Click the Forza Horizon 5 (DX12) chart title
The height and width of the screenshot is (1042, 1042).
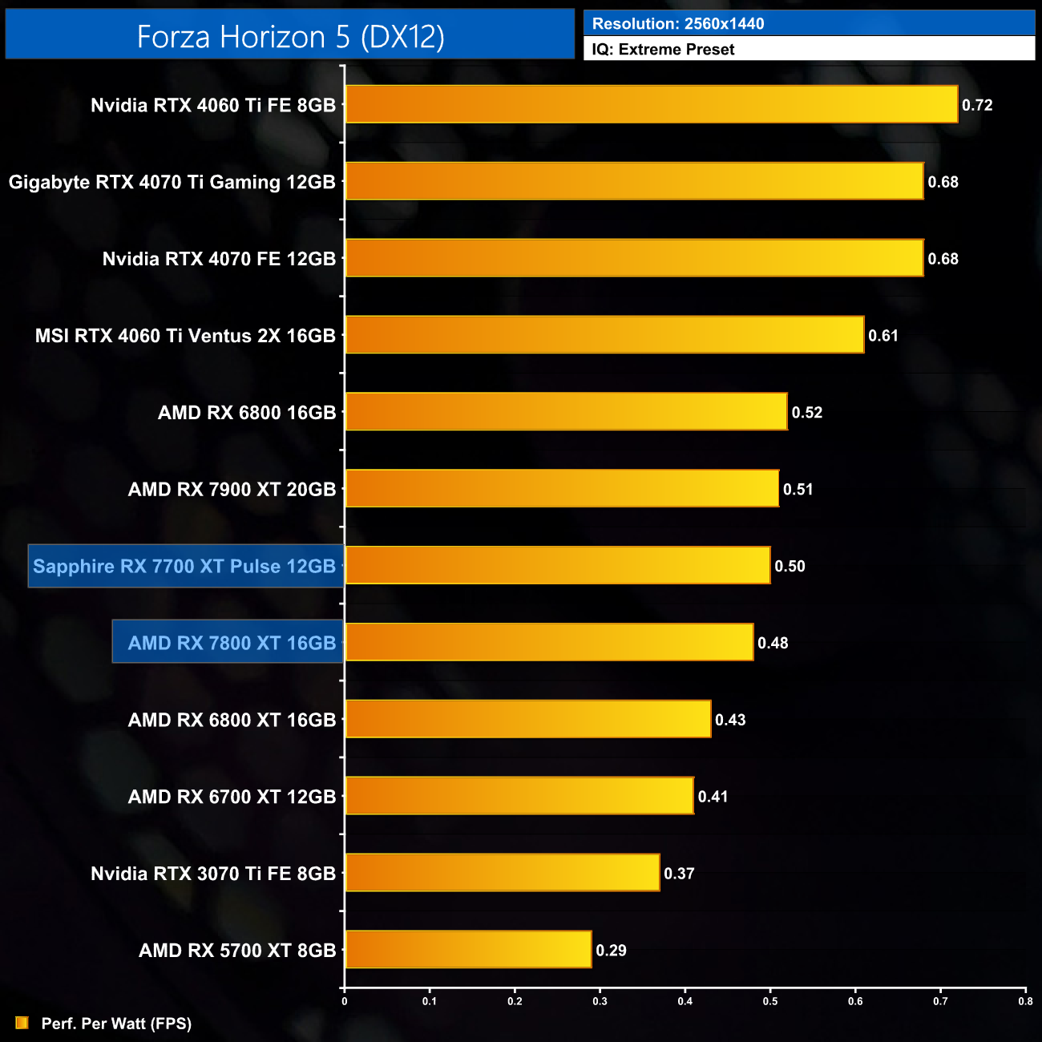pyautogui.click(x=290, y=36)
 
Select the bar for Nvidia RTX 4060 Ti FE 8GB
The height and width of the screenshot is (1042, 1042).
pyautogui.click(x=651, y=104)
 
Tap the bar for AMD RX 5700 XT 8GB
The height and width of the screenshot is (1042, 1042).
pyautogui.click(x=468, y=949)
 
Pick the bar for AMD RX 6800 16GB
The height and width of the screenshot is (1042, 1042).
pyautogui.click(x=566, y=411)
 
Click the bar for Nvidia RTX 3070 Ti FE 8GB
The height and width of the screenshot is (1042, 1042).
pyautogui.click(x=502, y=872)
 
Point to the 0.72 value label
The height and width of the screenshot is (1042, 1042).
pyautogui.click(x=977, y=105)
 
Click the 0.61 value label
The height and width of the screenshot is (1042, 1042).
pyautogui.click(x=883, y=336)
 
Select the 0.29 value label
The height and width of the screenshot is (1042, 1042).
pyautogui.click(x=611, y=951)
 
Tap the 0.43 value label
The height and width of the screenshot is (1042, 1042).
pyautogui.click(x=730, y=720)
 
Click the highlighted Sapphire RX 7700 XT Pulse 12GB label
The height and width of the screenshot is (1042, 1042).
pyautogui.click(x=185, y=566)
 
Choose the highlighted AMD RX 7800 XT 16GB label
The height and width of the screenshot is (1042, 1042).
pyautogui.click(x=232, y=643)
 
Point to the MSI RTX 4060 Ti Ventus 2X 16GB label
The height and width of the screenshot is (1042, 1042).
pyautogui.click(x=185, y=336)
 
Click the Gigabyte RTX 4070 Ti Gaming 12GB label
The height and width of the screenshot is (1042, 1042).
pyautogui.click(x=172, y=182)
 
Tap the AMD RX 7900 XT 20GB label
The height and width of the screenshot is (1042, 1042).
pyautogui.click(x=232, y=489)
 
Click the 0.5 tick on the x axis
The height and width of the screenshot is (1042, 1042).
pyautogui.click(x=770, y=1001)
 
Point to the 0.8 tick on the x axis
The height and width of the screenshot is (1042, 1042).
pyautogui.click(x=1025, y=1001)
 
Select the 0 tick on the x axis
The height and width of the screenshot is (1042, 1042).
pyautogui.click(x=345, y=1001)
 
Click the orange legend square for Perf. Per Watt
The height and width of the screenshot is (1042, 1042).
pyautogui.click(x=22, y=1023)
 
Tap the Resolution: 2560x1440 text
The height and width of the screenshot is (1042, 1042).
pyautogui.click(x=678, y=23)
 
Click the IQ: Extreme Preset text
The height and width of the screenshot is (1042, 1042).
pyautogui.click(x=663, y=49)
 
